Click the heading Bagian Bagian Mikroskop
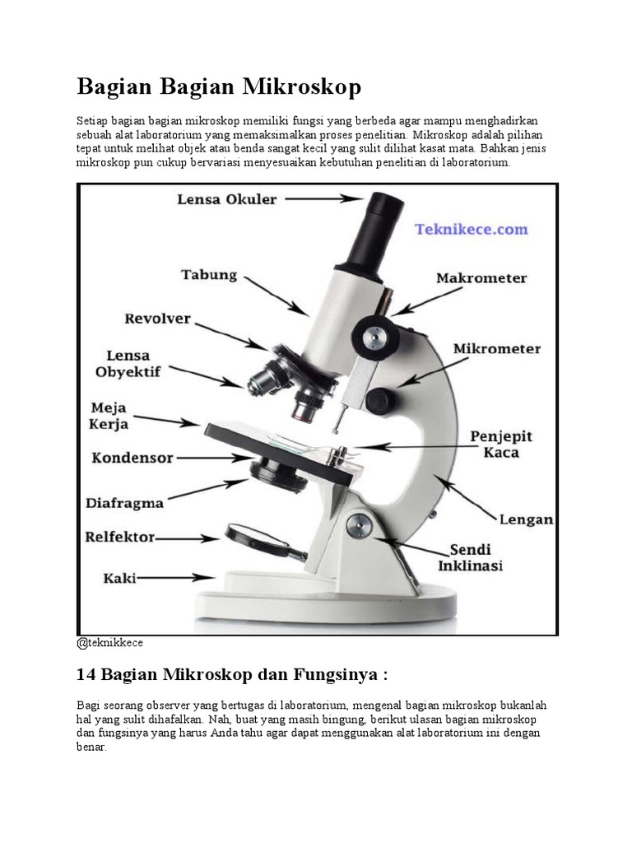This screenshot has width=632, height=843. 219,86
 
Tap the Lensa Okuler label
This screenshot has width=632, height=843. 227,198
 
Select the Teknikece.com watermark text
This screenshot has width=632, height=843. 472,230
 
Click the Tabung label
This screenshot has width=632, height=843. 208,275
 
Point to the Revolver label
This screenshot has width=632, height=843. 158,318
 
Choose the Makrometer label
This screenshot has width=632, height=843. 481,278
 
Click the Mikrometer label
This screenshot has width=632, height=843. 497,349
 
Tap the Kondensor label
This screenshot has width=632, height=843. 132,457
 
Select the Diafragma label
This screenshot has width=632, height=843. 125,501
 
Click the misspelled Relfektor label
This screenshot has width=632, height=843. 120,538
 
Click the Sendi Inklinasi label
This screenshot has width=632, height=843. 476,557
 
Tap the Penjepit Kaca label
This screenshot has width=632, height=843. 500,444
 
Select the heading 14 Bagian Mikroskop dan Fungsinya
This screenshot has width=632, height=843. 231,675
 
